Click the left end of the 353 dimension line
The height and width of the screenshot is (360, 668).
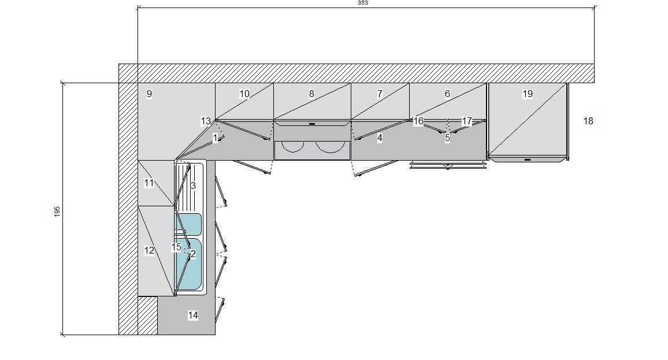(138, 8)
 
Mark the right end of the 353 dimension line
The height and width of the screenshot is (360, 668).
(595, 8)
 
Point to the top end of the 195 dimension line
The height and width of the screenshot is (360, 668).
(63, 83)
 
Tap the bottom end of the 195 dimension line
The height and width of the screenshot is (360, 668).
(63, 335)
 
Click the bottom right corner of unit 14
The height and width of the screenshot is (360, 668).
(215, 335)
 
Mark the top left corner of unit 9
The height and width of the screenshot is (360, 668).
(138, 83)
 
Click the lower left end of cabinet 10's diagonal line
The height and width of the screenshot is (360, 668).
(215, 120)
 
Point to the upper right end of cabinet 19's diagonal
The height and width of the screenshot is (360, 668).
(567, 84)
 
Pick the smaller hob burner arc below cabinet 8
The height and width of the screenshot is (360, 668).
(292, 147)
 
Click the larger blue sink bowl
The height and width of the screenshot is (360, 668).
(188, 264)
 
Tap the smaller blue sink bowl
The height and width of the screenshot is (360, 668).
(188, 224)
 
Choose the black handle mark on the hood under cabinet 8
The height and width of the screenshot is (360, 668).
(312, 124)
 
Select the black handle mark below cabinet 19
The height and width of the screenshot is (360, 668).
(528, 159)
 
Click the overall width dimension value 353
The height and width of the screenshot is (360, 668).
(362, 2)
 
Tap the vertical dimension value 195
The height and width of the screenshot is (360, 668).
(57, 211)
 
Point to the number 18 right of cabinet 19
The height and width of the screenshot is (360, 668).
(588, 121)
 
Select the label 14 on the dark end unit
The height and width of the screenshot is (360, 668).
(193, 316)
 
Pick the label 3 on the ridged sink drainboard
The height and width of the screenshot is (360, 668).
(193, 185)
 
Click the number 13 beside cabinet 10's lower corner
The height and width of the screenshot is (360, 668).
(206, 121)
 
